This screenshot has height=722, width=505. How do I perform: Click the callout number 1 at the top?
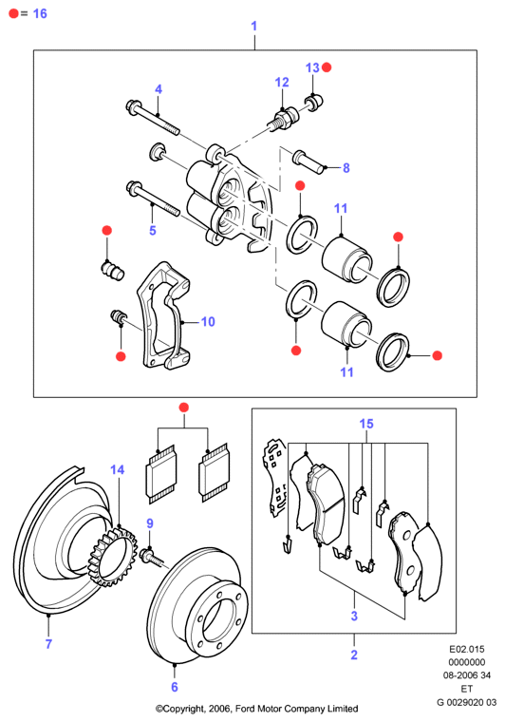(253, 26)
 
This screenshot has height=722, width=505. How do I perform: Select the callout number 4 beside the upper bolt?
(159, 89)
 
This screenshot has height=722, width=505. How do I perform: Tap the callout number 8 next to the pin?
(346, 168)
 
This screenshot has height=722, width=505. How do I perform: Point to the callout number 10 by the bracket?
(208, 321)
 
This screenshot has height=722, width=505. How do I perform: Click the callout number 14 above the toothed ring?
(118, 469)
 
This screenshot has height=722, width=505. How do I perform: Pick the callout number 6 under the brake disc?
(175, 687)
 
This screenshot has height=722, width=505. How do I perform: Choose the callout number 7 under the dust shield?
(48, 644)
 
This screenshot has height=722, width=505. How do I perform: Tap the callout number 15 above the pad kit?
(366, 424)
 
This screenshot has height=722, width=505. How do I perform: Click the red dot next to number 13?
(327, 67)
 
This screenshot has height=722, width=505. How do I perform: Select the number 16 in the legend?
(40, 13)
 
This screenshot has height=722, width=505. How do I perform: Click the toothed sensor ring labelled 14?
(112, 557)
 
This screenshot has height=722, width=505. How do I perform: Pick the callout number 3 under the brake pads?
(354, 616)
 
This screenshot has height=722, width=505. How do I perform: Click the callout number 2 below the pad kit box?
(354, 655)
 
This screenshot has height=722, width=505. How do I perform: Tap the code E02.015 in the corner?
(467, 649)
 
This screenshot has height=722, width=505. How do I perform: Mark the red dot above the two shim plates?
(183, 408)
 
